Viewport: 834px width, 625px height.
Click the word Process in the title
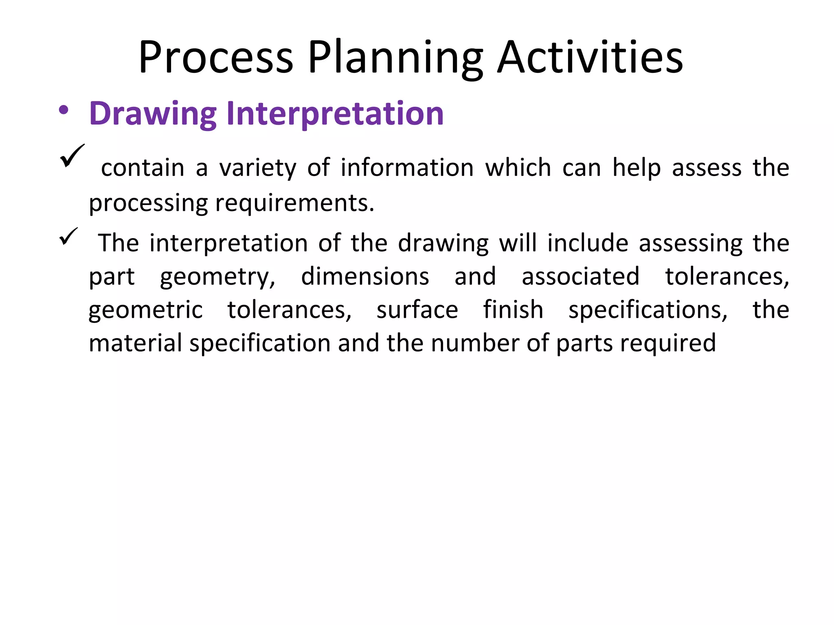pos(215,58)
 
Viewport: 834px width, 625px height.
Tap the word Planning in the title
pos(395,58)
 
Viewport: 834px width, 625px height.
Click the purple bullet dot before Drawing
pos(63,110)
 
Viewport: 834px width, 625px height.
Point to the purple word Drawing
pos(153,114)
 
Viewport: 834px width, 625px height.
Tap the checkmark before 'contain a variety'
pos(72,156)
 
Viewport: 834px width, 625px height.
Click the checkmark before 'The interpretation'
pos(68,236)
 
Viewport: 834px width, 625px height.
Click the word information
pos(407,168)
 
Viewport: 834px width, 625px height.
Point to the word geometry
pos(217,277)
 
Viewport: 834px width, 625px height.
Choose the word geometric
pos(145,310)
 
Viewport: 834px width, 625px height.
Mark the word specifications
pos(647,310)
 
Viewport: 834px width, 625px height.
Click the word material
pos(135,343)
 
